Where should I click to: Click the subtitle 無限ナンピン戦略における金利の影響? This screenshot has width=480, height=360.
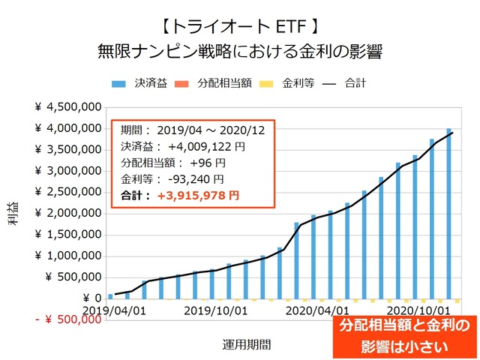click(x=240, y=52)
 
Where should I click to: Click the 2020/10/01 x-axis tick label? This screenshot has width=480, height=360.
click(x=418, y=310)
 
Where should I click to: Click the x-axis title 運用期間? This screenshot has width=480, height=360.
click(x=247, y=344)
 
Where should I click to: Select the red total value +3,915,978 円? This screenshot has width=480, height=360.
click(x=198, y=195)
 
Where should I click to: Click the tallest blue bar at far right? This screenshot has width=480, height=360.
click(x=448, y=213)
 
